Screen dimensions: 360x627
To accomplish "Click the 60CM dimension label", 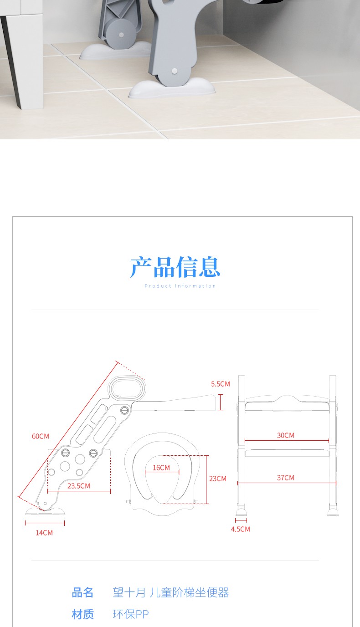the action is point(41,436).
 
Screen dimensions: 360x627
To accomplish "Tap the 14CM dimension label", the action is point(44,533).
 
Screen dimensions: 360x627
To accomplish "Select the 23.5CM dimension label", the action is point(79,486).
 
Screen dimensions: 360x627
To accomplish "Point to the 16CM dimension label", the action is point(161,468).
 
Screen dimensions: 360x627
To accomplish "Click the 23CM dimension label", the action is point(218,479).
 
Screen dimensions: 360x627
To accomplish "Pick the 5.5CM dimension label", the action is point(221,384).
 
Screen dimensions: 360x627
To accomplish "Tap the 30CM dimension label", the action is point(285,435).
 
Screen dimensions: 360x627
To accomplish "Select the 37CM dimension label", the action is point(285,478).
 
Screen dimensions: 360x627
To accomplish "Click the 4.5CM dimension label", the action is point(240,529).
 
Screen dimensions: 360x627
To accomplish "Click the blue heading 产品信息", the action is point(175,267).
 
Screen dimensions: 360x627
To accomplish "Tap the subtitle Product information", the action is point(180,286).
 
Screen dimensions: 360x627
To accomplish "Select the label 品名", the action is point(82,592).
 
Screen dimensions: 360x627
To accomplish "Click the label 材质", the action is point(82,614).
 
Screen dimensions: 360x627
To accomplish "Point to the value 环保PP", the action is point(130,614).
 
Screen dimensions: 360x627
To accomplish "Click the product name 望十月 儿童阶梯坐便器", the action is point(170,592).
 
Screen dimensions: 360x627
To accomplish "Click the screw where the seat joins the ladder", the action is point(125,410).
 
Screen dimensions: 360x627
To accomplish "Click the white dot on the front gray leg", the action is point(174,71).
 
